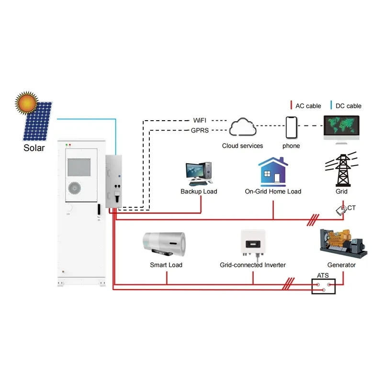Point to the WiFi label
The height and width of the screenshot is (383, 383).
201,120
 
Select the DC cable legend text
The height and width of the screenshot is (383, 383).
348,106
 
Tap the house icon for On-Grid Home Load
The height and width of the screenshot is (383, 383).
273,171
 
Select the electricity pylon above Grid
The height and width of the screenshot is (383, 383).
342,170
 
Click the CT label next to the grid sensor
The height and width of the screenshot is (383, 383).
352,208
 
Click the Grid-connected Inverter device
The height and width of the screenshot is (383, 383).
252,243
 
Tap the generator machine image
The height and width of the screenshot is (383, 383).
342,242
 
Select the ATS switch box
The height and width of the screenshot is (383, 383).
324,286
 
